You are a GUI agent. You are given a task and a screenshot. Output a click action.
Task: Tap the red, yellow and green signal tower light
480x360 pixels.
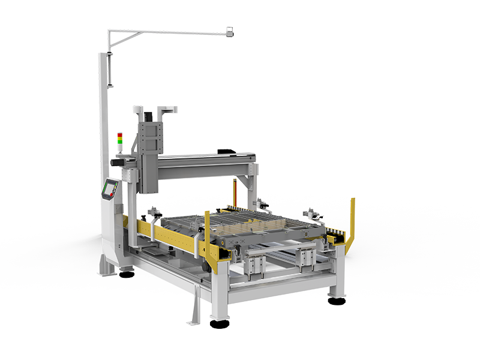[119, 142]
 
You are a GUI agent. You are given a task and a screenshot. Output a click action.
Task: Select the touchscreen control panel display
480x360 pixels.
[109, 190]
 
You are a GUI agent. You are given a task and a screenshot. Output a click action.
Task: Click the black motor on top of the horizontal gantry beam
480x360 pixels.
[225, 151]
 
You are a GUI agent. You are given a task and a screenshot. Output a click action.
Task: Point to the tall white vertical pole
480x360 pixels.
[103, 120]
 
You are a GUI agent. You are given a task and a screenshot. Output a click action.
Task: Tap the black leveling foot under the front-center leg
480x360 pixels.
[219, 323]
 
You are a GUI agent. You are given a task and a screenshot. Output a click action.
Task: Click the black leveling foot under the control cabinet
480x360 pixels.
[126, 275]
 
